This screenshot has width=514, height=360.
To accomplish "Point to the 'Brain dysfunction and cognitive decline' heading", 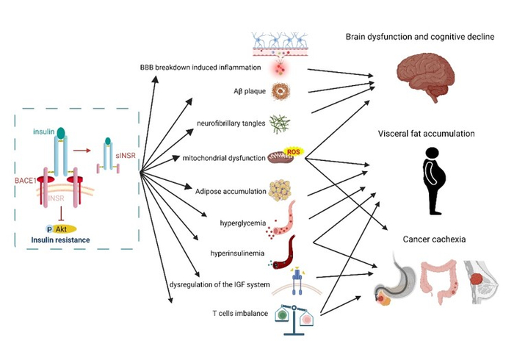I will [x=420, y=37].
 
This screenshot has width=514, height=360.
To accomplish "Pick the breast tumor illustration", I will [x=477, y=280].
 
